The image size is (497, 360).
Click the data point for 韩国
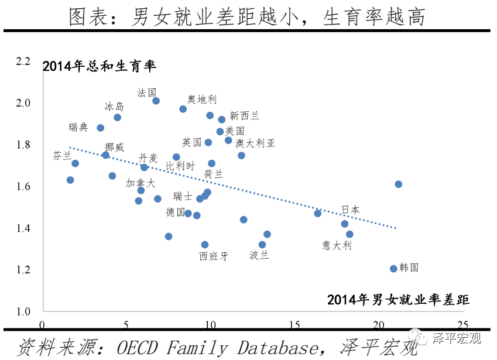393,269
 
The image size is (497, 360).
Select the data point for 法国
156,101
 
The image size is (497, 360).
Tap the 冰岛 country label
114,106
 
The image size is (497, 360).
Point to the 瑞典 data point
101,128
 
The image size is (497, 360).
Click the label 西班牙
214,256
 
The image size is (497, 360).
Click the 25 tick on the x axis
462,325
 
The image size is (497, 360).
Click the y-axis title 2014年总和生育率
100,66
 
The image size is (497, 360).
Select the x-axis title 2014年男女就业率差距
398,300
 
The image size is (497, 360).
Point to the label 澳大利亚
255,143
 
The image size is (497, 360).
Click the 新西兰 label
245,115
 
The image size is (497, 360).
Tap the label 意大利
337,245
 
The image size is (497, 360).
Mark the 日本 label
351,210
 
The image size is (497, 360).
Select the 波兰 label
259,255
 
